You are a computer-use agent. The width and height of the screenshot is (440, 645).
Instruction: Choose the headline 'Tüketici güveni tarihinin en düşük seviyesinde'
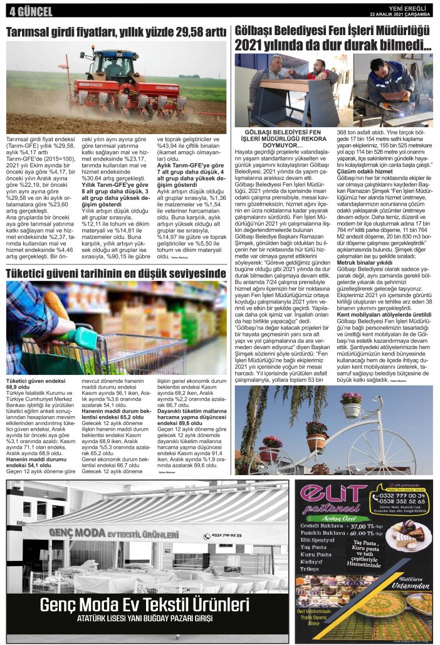tap(116, 273)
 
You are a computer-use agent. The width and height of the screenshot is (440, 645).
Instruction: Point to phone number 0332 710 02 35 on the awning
tap(225, 535)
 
